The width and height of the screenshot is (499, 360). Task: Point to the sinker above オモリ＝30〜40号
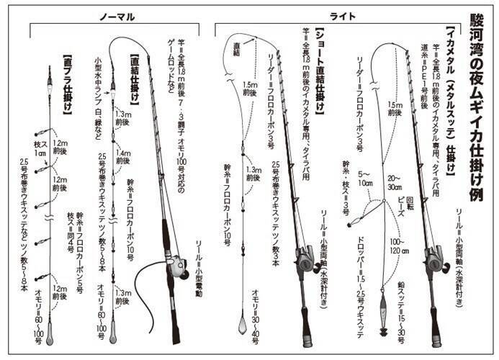pos(243,324)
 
